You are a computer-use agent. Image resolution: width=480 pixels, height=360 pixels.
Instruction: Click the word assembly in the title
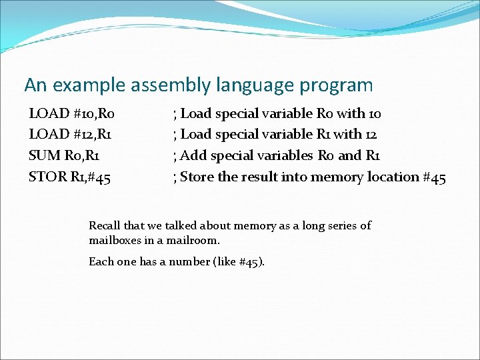pos(173,86)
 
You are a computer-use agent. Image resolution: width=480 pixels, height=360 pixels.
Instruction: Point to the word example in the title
pos(91,85)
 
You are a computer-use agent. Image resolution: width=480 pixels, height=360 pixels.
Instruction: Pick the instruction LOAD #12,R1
pos(70,135)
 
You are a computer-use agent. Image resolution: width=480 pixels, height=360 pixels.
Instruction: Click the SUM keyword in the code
pos(43,156)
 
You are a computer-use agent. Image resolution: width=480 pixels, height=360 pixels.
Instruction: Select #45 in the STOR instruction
pos(97,177)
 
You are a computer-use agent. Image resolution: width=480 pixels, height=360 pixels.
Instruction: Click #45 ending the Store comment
pos(434,177)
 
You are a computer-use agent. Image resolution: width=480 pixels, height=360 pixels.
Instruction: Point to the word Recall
pos(104,226)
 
